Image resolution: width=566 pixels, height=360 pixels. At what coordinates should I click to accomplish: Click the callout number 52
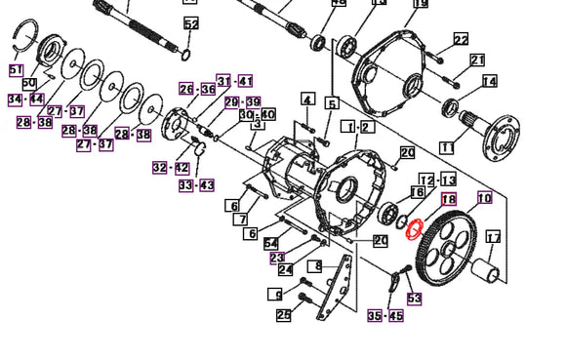point(190,23)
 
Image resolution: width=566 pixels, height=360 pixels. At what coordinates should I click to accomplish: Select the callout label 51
point(16,70)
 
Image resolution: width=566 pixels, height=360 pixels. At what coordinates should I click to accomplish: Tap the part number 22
point(461,39)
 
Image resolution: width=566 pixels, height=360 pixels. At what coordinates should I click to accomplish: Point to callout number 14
point(489,81)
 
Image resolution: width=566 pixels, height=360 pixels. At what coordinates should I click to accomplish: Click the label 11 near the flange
point(447,147)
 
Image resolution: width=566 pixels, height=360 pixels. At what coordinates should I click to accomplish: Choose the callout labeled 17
point(493,237)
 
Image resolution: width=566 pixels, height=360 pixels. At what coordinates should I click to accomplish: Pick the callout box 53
point(415,299)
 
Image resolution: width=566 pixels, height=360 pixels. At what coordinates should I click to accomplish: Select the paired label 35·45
point(385,315)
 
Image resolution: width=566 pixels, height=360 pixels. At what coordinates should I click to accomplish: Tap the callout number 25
point(283,314)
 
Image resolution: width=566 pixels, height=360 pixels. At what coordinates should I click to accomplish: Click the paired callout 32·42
point(167,168)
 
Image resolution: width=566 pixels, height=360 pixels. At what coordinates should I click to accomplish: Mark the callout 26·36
point(197,90)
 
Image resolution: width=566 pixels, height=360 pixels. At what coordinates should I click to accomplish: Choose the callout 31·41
point(234,81)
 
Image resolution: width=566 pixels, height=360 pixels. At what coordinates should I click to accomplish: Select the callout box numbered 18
point(449,199)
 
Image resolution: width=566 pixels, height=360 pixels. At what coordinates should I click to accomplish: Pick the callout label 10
point(484,199)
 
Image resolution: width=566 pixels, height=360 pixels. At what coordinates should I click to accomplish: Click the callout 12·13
point(438,180)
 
